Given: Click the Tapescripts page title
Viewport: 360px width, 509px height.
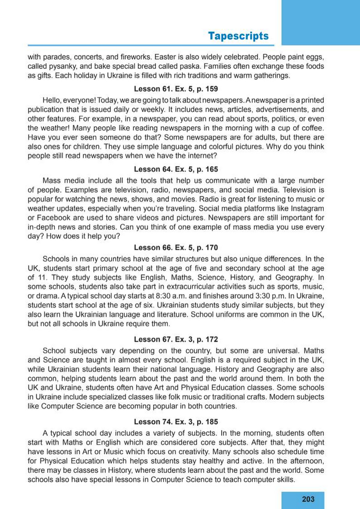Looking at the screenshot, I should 238,36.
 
